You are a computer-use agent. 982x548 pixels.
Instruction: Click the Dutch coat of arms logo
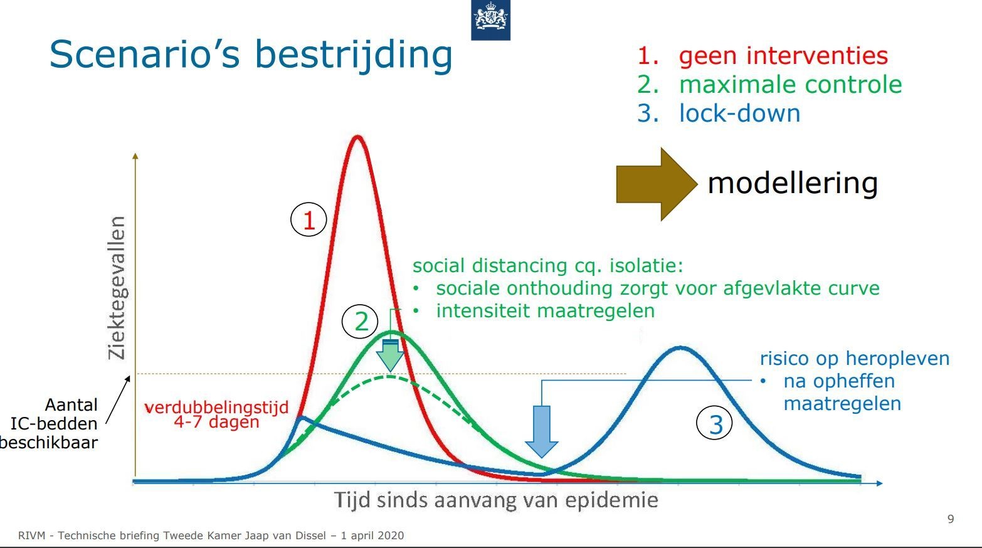pos(490,19)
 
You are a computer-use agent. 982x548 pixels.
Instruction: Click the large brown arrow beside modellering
pos(657,184)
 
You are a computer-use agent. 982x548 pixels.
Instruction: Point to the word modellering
pos(793,183)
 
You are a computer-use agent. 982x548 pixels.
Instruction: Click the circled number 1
pos(309,219)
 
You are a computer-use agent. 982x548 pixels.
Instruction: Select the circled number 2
pos(360,322)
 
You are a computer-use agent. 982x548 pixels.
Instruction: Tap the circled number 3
pos(715,424)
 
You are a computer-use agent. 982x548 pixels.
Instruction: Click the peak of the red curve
pos(357,137)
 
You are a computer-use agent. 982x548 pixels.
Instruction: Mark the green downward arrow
pos(390,355)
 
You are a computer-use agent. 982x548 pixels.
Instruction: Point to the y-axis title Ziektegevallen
pos(117,288)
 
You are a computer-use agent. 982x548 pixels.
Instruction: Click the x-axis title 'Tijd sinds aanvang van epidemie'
pos(496,500)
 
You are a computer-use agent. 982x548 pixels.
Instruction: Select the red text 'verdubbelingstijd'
pos(216,408)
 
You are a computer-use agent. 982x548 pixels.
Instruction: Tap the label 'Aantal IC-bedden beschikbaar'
pos(49,423)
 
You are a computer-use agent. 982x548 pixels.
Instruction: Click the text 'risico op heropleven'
pos(855,358)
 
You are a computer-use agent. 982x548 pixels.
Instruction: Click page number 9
pos(951,519)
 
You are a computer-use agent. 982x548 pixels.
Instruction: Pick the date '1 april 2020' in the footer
pos(372,535)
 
